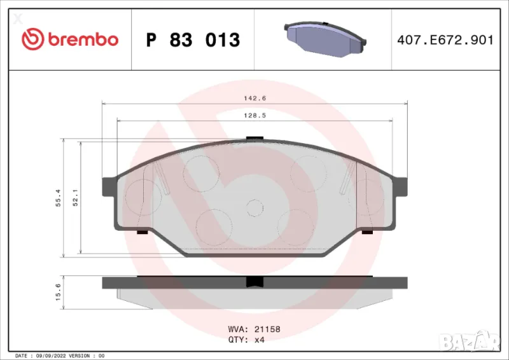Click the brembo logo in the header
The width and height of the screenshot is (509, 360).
pyautogui.click(x=70, y=39)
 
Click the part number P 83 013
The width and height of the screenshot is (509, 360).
pyautogui.click(x=193, y=40)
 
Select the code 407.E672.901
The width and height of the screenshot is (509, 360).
pyautogui.click(x=445, y=40)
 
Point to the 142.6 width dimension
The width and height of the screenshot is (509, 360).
pyautogui.click(x=254, y=98)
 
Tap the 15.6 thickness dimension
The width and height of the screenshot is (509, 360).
pyautogui.click(x=58, y=292)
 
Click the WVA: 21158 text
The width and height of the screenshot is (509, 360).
pyautogui.click(x=254, y=329)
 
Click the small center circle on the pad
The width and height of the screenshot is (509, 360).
pyautogui.click(x=254, y=207)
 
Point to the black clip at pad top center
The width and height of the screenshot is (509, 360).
pyautogui.click(x=254, y=137)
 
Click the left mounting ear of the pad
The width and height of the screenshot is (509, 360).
pyautogui.click(x=109, y=186)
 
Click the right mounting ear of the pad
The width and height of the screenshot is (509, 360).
pyautogui.click(x=400, y=186)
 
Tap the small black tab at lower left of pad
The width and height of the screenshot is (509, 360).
pyautogui.click(x=143, y=232)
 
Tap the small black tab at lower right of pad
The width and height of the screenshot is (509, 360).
pyautogui.click(x=367, y=232)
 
